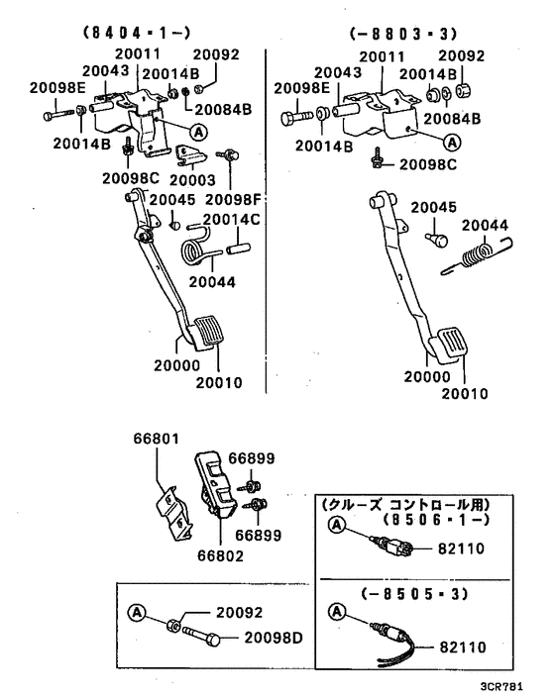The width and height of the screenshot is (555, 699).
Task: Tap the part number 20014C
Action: (x=231, y=219)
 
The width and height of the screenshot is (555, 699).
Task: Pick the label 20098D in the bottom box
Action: (x=275, y=637)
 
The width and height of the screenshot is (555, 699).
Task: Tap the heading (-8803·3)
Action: (x=391, y=33)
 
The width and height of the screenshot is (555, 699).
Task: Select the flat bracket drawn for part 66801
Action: (x=173, y=509)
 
